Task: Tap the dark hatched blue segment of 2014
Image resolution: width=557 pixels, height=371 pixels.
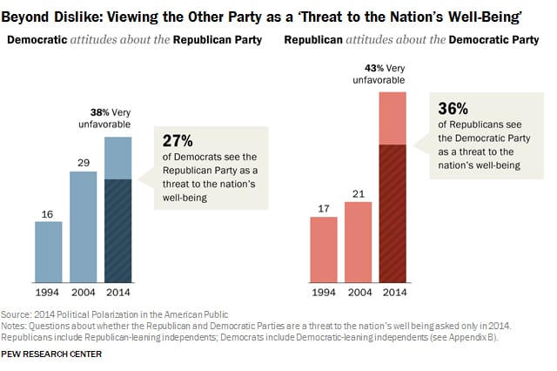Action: pyautogui.click(x=118, y=231)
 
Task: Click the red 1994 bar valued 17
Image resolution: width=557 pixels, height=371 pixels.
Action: pyautogui.click(x=324, y=249)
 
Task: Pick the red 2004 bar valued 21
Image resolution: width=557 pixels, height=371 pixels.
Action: pyautogui.click(x=359, y=242)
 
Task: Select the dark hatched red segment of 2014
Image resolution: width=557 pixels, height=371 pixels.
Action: pyautogui.click(x=393, y=213)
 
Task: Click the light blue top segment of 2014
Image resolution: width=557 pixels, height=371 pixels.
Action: pyautogui.click(x=118, y=158)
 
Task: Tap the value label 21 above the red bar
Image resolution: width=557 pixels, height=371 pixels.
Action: pyautogui.click(x=359, y=194)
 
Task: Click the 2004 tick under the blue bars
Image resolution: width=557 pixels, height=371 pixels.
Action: pyautogui.click(x=84, y=292)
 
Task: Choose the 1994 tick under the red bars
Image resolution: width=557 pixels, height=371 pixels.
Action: pyautogui.click(x=324, y=292)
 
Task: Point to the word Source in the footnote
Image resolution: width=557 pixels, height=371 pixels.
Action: pyautogui.click(x=20, y=313)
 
